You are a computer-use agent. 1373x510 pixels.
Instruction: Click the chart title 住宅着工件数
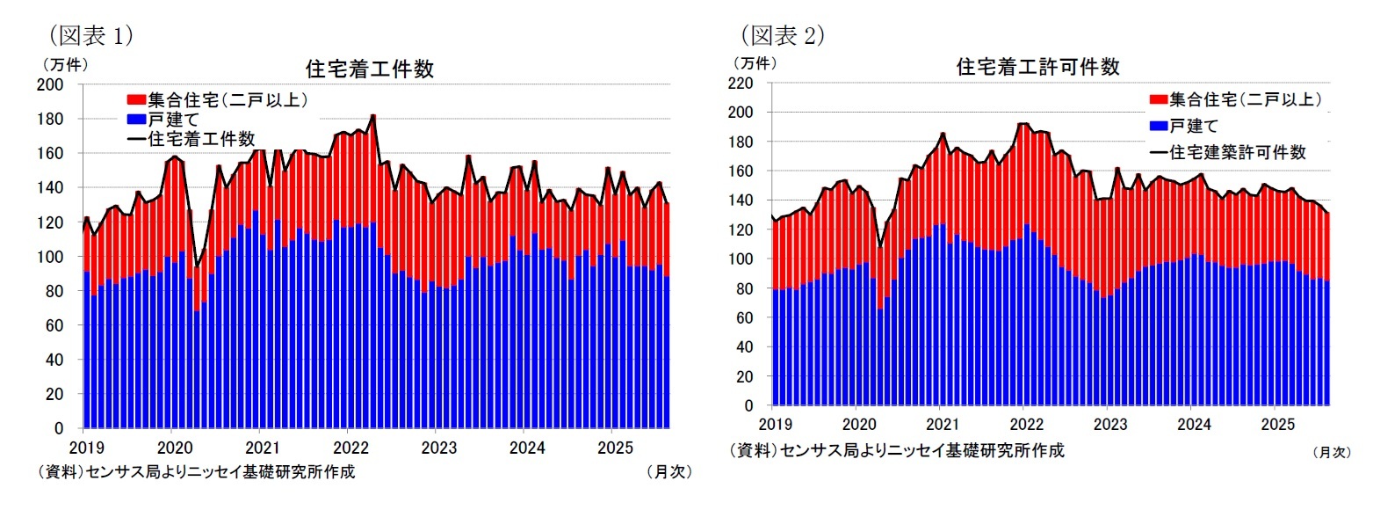pos(369,69)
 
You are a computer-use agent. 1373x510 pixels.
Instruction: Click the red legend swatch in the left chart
pos(135,100)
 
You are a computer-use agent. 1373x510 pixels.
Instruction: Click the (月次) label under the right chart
pos(1331,452)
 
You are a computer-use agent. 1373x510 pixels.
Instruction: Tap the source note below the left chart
pos(196,471)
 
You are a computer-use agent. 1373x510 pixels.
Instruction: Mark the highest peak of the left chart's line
pos(373,115)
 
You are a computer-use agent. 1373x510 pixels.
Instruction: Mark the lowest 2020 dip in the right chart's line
pos(879,247)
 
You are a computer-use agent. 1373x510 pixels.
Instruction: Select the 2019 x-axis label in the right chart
pos(772,423)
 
